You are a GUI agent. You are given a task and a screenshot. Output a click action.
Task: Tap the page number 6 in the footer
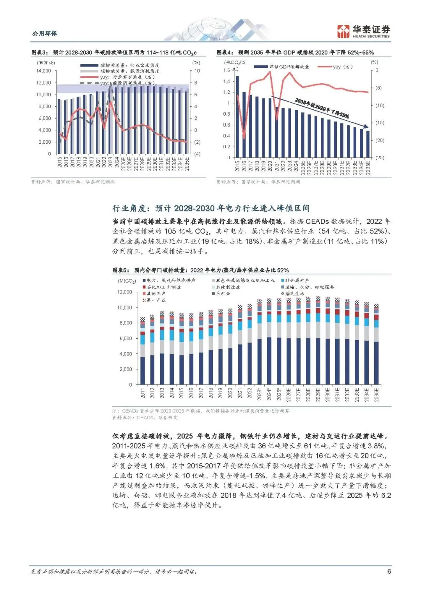click(x=389, y=571)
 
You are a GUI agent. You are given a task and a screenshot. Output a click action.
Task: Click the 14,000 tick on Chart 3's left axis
click(x=44, y=71)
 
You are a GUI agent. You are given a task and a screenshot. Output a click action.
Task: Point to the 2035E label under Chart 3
click(x=187, y=162)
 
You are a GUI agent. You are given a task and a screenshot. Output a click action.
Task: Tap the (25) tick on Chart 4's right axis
click(x=379, y=158)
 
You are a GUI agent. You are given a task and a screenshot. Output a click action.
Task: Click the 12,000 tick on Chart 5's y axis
click(x=125, y=292)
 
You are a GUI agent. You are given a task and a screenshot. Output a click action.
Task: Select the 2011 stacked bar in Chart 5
click(x=143, y=350)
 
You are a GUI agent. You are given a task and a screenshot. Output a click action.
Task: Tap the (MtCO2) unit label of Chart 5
click(x=127, y=281)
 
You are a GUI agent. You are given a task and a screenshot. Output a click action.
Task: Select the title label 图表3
click(x=39, y=53)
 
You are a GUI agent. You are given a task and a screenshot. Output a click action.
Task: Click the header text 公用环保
click(x=45, y=33)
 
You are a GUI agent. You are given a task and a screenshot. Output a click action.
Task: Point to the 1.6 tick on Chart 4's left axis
click(x=226, y=70)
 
